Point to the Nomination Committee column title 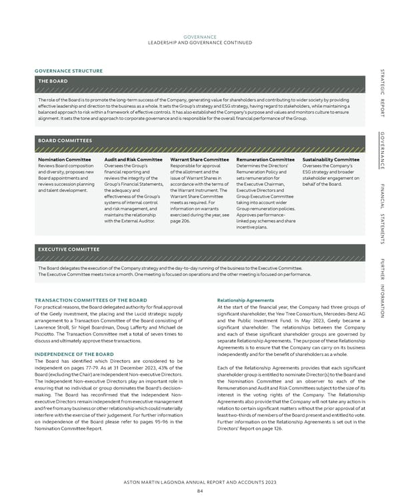(x=65, y=160)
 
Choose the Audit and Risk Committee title (x=133, y=160)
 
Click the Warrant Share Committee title (x=200, y=160)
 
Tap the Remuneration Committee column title (x=265, y=160)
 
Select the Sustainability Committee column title (x=331, y=160)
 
